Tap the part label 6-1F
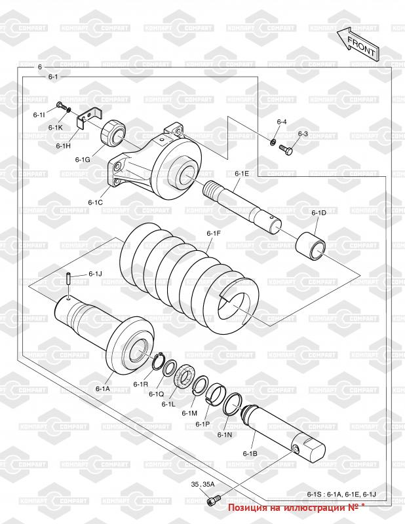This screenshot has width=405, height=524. point(214,233)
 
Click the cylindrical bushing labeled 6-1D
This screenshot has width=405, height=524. point(311,247)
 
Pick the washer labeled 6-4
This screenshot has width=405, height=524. point(273,143)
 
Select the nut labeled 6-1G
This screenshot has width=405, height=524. point(113,133)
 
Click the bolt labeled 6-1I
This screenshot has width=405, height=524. point(60,105)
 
